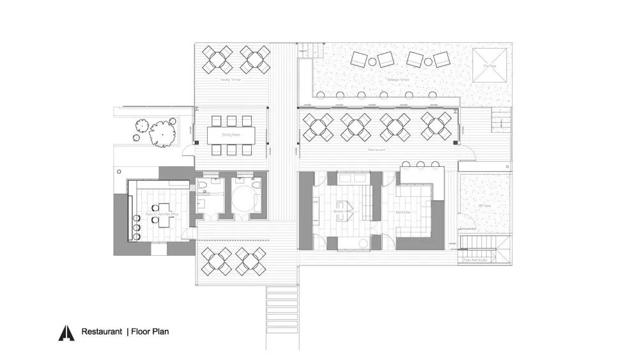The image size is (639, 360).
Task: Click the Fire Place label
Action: (x=489, y=66)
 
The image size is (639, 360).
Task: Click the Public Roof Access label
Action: (x=475, y=260)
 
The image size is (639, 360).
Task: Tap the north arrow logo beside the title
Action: (x=66, y=333)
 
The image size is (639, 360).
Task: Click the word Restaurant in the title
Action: (x=101, y=332)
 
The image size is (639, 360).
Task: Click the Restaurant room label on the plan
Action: (x=377, y=150)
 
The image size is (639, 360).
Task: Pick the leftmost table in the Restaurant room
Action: (x=317, y=126)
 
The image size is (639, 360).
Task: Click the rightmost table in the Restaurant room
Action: (x=437, y=126)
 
